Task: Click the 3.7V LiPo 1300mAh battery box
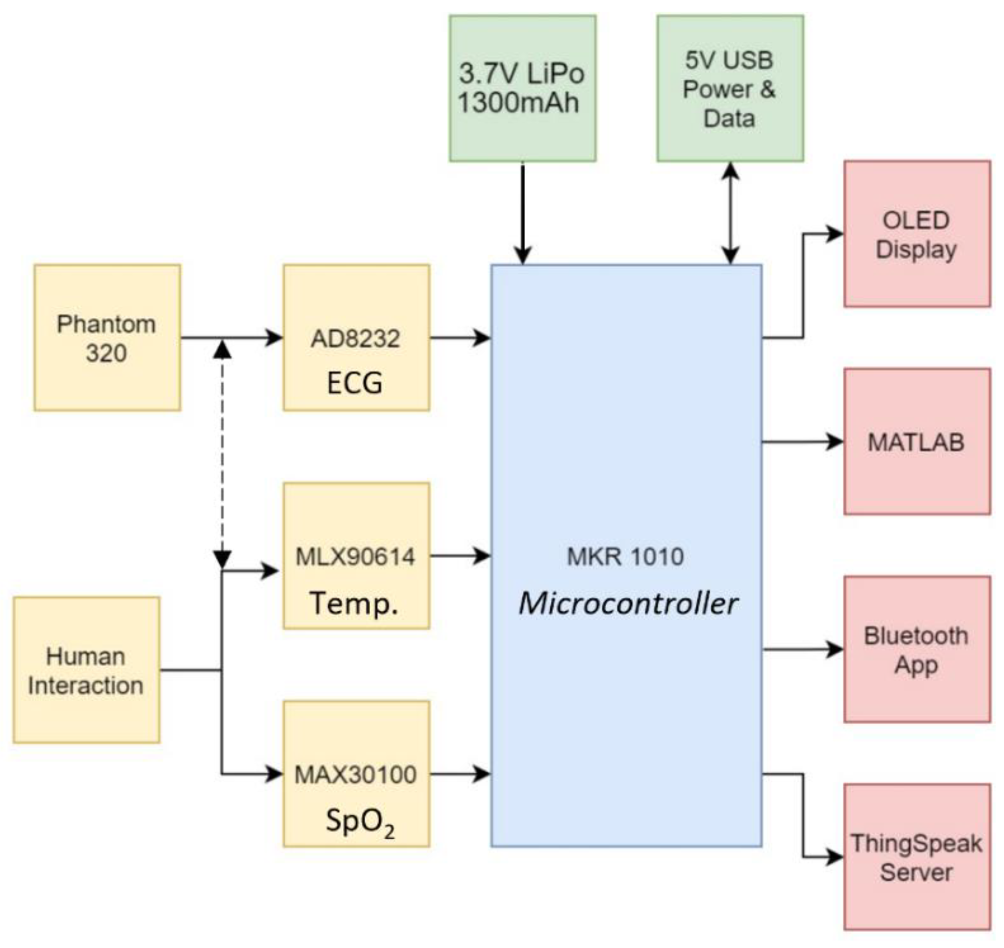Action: click(x=522, y=89)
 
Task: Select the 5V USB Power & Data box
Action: click(x=730, y=89)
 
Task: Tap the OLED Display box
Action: click(x=917, y=234)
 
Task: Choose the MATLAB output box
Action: click(x=917, y=442)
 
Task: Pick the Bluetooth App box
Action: click(x=917, y=650)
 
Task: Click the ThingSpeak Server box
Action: click(x=917, y=858)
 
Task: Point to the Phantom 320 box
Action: click(x=107, y=338)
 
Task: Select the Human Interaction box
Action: click(x=86, y=670)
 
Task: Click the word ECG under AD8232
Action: click(x=355, y=382)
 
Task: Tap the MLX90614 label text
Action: click(x=355, y=556)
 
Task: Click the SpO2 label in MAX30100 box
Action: click(x=359, y=821)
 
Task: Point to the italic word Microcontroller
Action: click(x=628, y=603)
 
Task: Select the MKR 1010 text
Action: click(x=625, y=556)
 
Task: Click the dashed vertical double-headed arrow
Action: click(x=222, y=455)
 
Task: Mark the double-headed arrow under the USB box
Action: click(x=730, y=213)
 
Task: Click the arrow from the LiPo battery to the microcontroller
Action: click(x=522, y=213)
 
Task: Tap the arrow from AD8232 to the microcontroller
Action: click(x=460, y=338)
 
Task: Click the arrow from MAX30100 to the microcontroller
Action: click(x=460, y=774)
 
